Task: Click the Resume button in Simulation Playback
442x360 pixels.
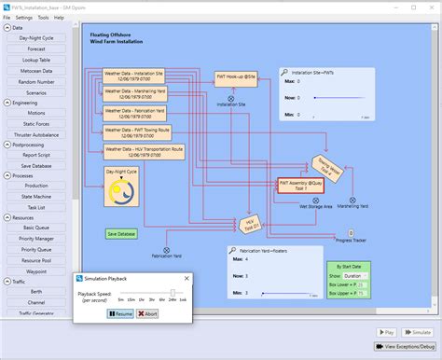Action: [x=121, y=313]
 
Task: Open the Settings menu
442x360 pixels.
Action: [x=23, y=18]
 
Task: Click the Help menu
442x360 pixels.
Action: [x=59, y=18]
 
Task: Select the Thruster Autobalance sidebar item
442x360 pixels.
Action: [x=36, y=134]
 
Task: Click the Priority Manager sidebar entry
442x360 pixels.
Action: [x=36, y=239]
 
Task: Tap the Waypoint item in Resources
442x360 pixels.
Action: [x=36, y=271]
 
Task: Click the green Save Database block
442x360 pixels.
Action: [x=121, y=234]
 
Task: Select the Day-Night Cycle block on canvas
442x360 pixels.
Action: [x=121, y=187]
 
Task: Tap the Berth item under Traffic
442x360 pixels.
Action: [x=36, y=291]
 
